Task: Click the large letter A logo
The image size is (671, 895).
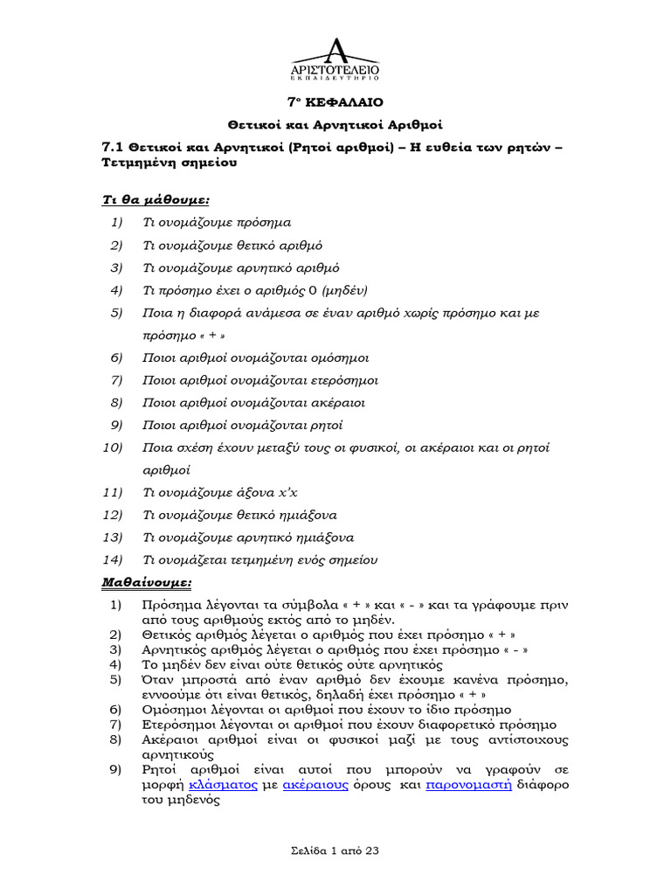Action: tap(335, 51)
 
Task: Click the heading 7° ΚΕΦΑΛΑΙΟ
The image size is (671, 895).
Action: tap(335, 101)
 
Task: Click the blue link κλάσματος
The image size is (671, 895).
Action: tap(220, 785)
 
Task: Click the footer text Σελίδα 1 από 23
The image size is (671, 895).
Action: tap(335, 850)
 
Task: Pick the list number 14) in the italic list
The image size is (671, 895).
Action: tap(114, 559)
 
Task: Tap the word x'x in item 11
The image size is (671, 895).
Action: tap(299, 492)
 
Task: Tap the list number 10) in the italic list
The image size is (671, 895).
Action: tap(114, 447)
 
